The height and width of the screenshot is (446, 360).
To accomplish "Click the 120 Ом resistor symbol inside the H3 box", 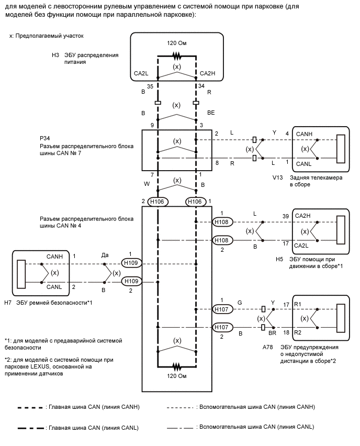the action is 177,56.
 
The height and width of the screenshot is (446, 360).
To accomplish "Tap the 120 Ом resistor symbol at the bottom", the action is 177,366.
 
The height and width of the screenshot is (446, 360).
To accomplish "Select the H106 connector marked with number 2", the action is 157,202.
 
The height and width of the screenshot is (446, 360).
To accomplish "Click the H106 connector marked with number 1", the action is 195,202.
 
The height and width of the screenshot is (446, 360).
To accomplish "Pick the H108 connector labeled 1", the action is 222,222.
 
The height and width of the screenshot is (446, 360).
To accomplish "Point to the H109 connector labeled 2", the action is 131,281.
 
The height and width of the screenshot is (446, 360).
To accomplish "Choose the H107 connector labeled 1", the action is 222,309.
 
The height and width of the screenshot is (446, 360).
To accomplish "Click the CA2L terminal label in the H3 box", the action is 141,73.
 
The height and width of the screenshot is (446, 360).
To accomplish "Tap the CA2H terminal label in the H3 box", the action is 207,73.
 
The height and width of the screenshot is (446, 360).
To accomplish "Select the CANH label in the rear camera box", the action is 304,134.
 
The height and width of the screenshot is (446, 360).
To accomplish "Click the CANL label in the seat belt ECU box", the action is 54,287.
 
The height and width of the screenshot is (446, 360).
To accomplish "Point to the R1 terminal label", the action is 297,304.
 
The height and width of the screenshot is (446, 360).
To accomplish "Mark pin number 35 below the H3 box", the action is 150,86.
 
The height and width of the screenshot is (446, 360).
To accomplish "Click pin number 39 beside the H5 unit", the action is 286,216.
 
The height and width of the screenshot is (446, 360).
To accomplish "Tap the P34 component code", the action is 45,138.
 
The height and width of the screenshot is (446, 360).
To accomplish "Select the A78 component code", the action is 267,347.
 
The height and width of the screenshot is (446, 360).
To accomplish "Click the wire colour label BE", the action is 211,113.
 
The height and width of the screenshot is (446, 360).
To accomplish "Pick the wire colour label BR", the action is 273,332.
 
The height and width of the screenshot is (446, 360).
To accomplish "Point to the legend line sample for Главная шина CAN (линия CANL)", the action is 31,428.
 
